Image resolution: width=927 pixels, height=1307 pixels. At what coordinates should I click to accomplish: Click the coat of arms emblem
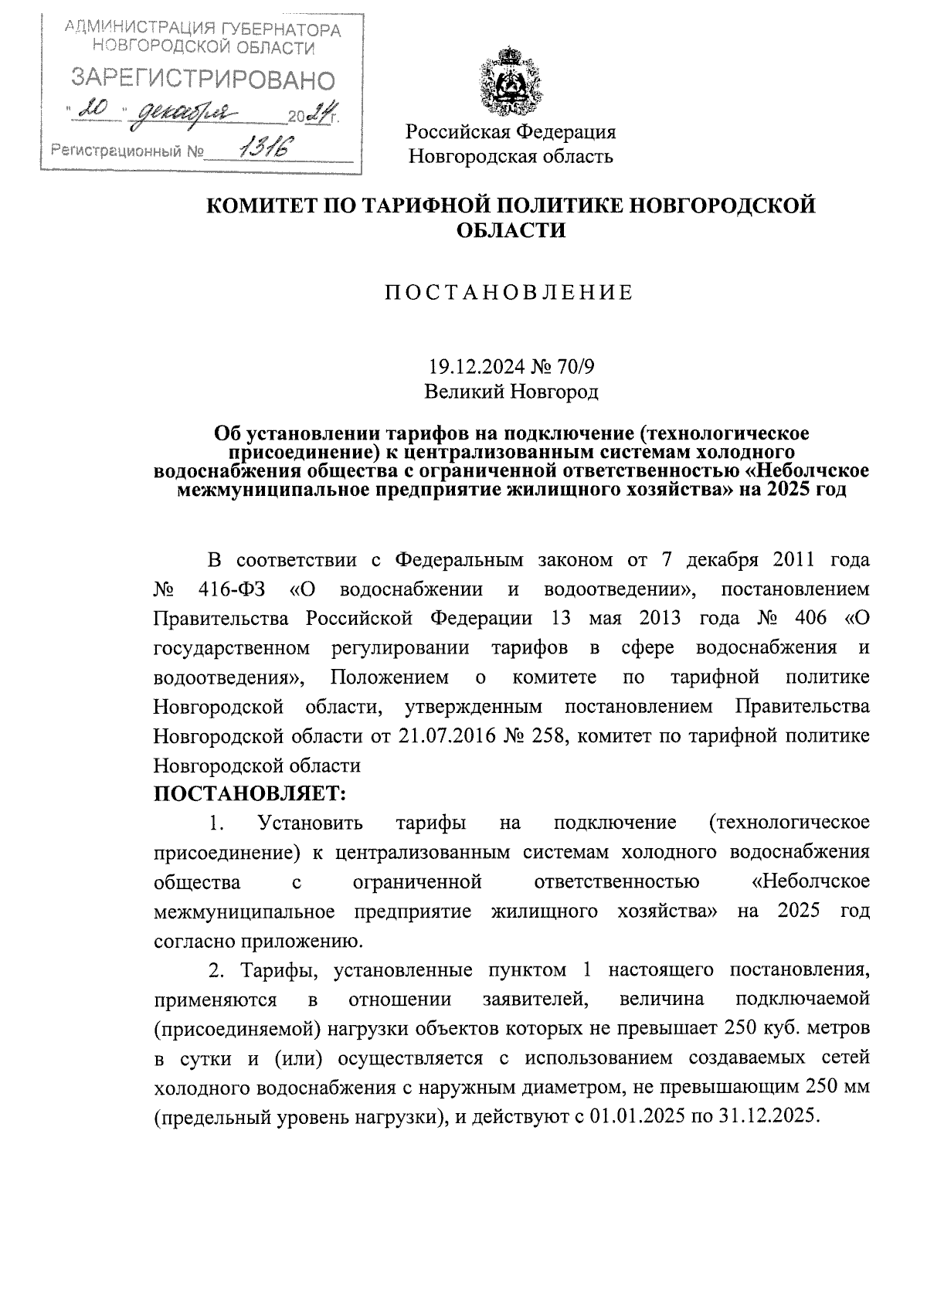[x=510, y=81]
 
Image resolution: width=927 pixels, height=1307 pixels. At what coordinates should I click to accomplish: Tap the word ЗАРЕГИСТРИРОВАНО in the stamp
[x=204, y=80]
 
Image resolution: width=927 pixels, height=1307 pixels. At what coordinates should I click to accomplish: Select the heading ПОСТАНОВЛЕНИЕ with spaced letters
[x=509, y=292]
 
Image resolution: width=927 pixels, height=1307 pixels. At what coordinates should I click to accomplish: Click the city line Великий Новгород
[x=511, y=392]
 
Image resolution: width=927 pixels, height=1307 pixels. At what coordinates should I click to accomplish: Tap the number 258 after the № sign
[x=549, y=736]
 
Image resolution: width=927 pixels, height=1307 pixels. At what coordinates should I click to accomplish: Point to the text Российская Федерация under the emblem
[x=511, y=131]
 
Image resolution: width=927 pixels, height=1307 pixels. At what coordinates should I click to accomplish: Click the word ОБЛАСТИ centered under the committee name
[x=510, y=229]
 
